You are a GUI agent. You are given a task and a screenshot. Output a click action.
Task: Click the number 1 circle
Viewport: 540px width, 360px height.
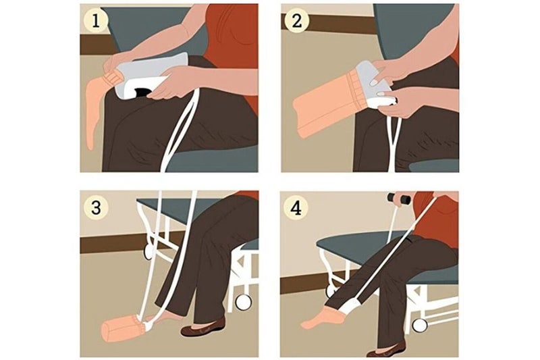tap(96, 22)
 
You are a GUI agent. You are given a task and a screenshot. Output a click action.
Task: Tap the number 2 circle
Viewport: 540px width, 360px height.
tap(296, 21)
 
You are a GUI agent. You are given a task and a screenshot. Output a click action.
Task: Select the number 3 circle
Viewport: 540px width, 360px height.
tap(96, 208)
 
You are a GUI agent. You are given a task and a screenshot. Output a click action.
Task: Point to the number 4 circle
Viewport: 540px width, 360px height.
tap(296, 209)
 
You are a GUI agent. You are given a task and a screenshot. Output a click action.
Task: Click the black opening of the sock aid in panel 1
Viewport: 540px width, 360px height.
tap(142, 92)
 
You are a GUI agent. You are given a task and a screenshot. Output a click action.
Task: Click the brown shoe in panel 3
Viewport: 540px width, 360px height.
tap(203, 328)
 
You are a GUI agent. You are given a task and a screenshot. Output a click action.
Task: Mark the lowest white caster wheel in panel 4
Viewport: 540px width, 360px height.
tap(419, 325)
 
